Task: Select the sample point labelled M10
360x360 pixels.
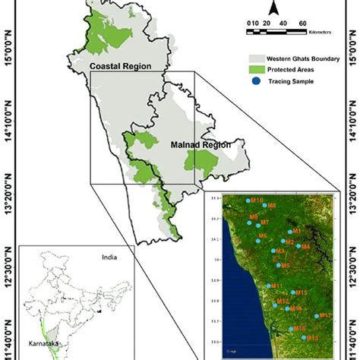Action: click(248, 201)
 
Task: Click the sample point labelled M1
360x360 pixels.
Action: click(290, 231)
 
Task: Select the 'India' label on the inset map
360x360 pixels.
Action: click(111, 257)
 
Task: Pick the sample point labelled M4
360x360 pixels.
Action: click(298, 246)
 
